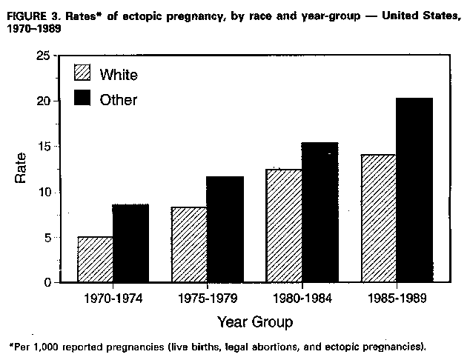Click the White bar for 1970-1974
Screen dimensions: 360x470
coord(95,260)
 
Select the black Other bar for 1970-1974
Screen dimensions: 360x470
coord(130,244)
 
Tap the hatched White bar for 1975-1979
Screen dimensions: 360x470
coord(189,245)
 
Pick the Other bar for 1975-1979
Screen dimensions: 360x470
coord(225,230)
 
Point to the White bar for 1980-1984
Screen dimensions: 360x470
coord(283,226)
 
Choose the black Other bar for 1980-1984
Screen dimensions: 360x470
coord(319,213)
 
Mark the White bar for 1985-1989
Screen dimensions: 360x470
coord(377,219)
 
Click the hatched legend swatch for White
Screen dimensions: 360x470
coord(81,73)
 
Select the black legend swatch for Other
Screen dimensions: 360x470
coord(81,99)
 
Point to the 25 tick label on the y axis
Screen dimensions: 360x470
coord(45,56)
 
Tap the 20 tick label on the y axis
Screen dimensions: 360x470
coord(45,101)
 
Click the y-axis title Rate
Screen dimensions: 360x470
coord(21,168)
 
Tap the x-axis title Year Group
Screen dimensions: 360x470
coord(254,322)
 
